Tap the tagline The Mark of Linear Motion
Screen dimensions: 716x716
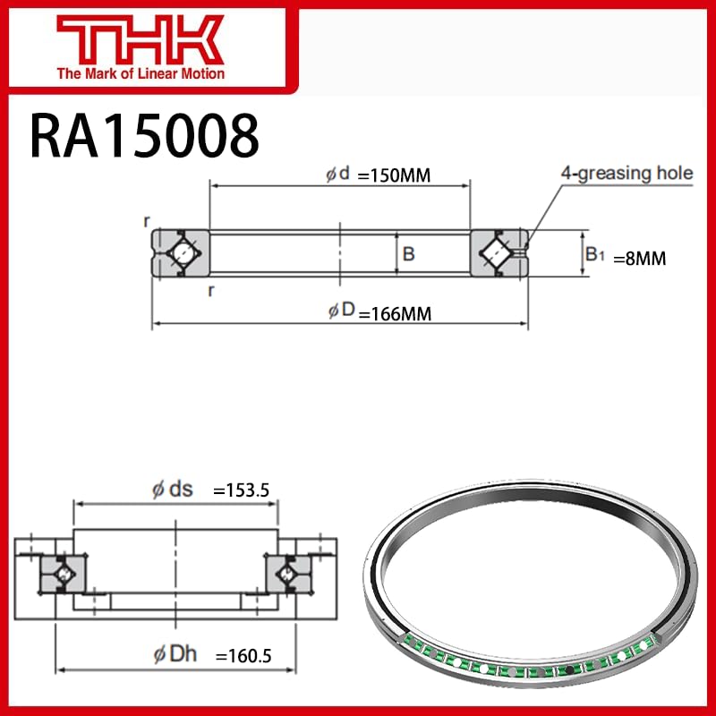[x=141, y=73]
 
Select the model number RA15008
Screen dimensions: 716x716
[x=144, y=135]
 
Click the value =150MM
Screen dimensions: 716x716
[x=394, y=175]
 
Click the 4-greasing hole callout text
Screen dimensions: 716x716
[x=626, y=173]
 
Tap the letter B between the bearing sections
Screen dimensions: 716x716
[x=408, y=254]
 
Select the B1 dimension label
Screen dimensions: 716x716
[x=595, y=255]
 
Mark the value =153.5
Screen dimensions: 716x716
[x=241, y=490]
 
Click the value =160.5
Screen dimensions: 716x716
[x=243, y=656]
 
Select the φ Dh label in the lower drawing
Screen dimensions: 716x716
[x=175, y=655]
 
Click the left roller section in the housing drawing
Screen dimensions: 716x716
[x=64, y=572]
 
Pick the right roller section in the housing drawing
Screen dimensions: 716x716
[x=288, y=572]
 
